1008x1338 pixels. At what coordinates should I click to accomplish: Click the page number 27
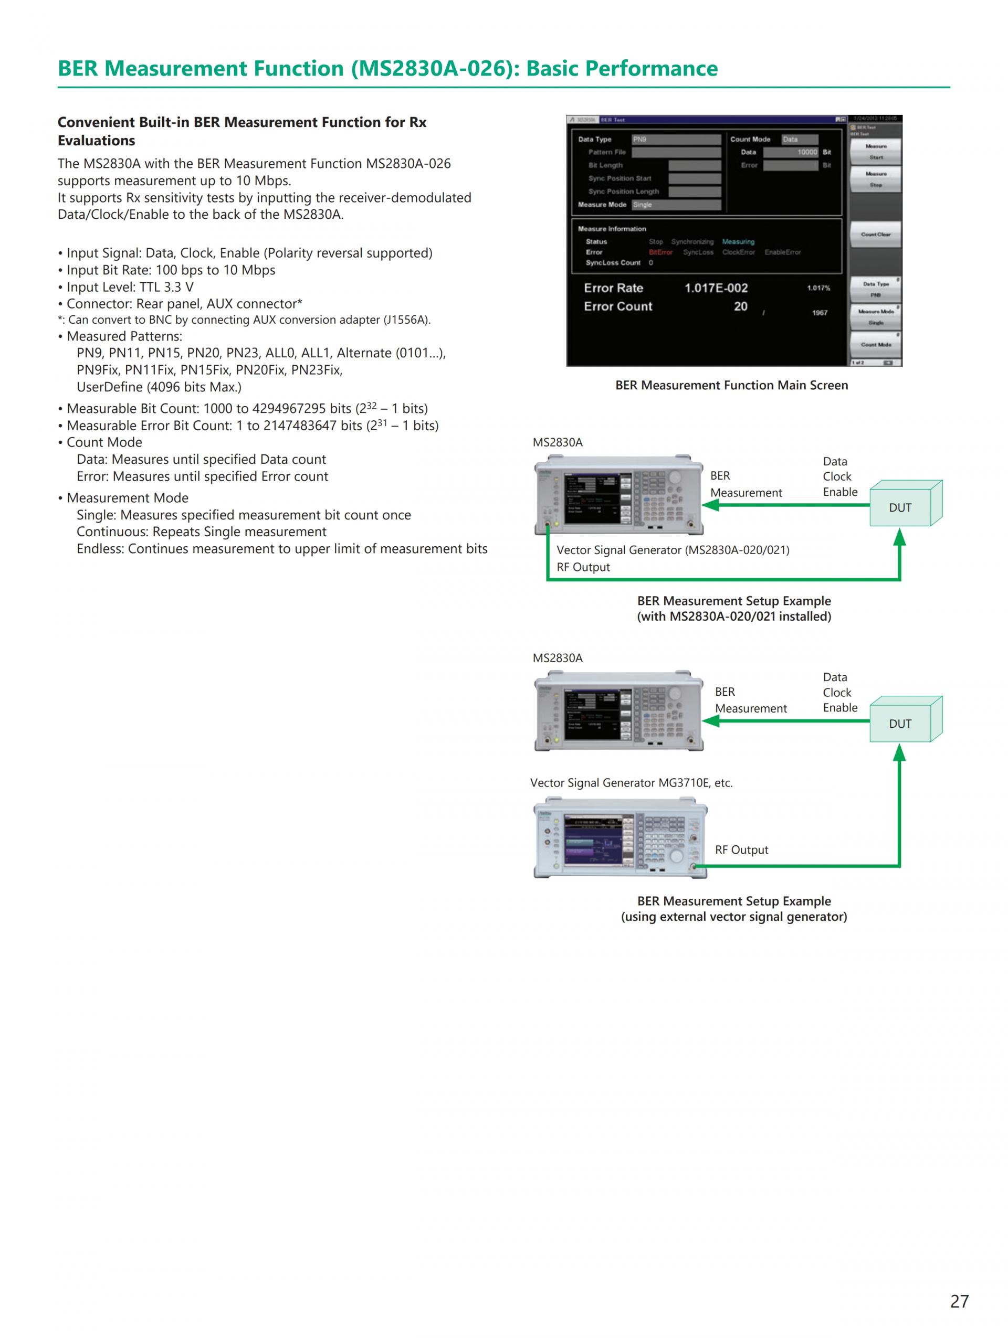pyautogui.click(x=960, y=1301)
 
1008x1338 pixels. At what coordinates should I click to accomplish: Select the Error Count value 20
pyautogui.click(x=741, y=306)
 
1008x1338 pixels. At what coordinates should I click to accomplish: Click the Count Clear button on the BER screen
pyautogui.click(x=876, y=234)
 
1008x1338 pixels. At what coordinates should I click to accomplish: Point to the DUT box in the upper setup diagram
pyautogui.click(x=900, y=507)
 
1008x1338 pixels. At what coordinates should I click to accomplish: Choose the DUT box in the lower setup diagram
pyautogui.click(x=900, y=724)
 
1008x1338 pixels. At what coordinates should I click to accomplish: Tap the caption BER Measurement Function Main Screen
pyautogui.click(x=731, y=385)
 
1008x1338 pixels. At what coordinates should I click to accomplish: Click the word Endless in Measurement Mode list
pyautogui.click(x=100, y=549)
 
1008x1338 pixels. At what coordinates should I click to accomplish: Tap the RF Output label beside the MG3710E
pyautogui.click(x=741, y=849)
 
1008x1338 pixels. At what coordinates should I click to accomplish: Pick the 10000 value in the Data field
pyautogui.click(x=806, y=152)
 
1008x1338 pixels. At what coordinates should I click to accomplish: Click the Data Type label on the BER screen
pyautogui.click(x=594, y=139)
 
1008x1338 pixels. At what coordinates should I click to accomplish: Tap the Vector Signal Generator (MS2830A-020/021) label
pyautogui.click(x=672, y=550)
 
